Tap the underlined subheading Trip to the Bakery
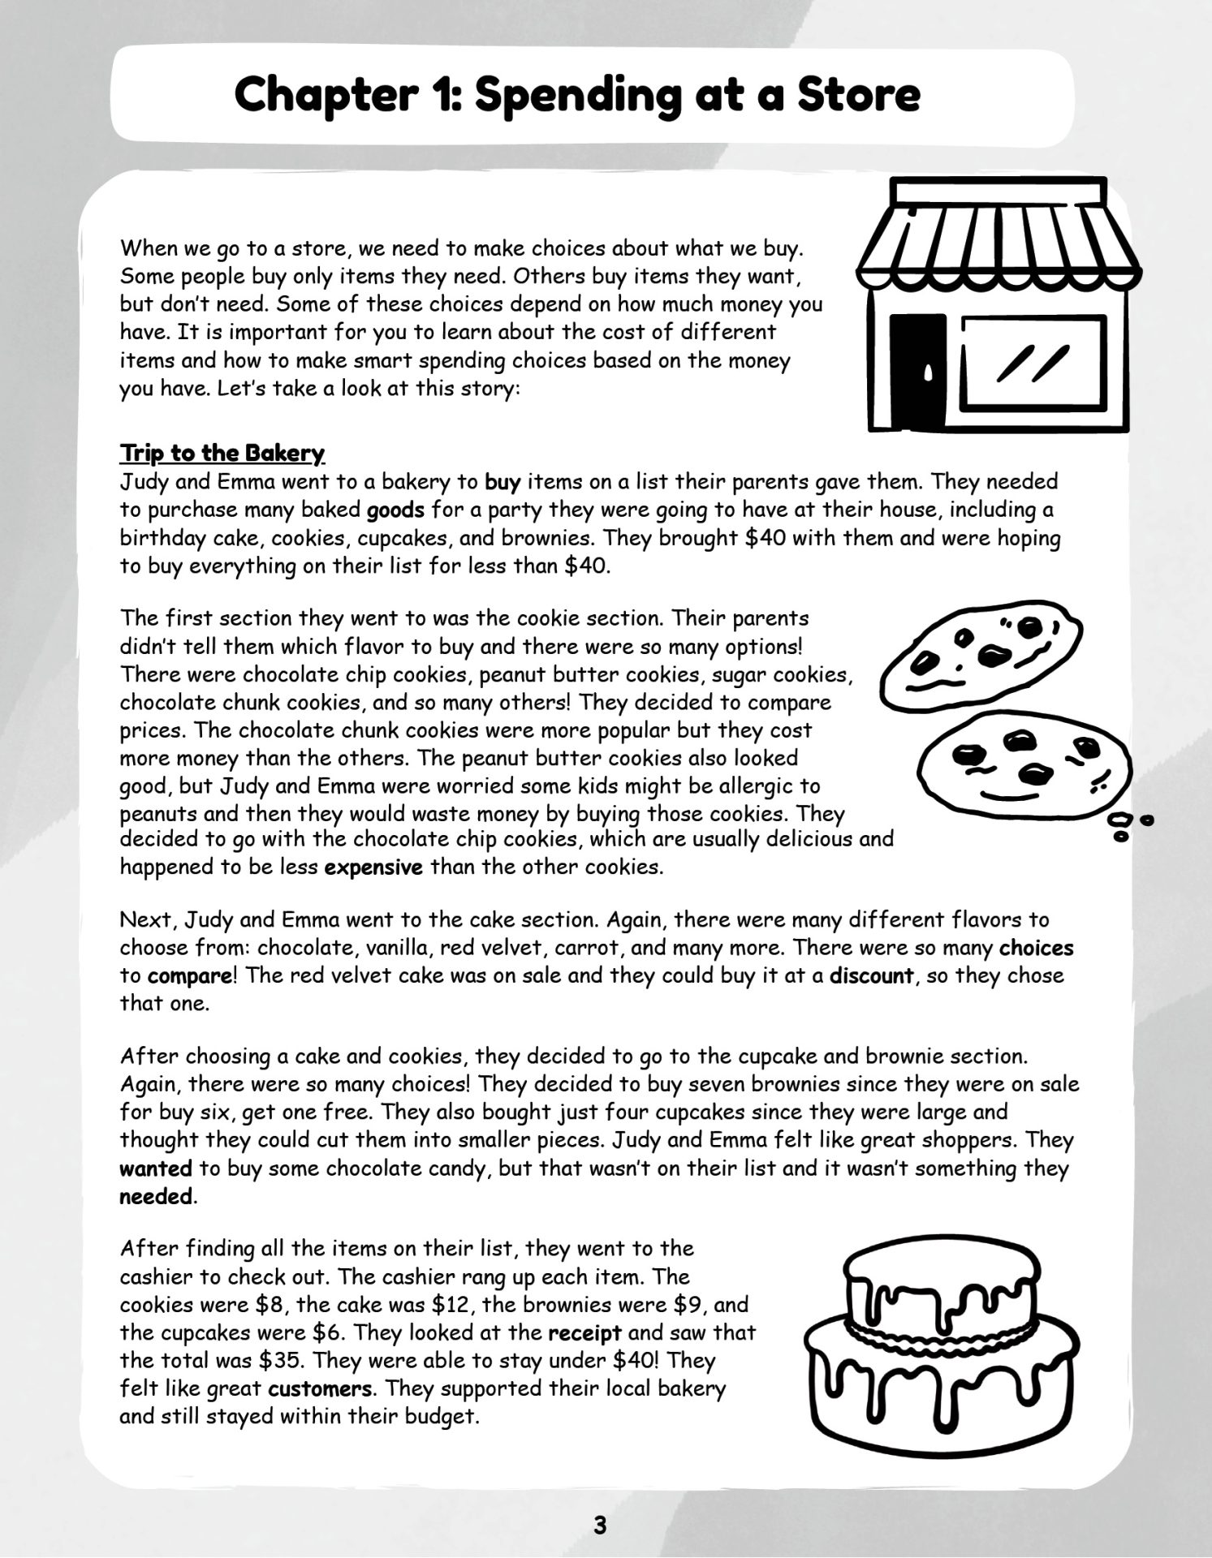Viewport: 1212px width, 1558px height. point(222,453)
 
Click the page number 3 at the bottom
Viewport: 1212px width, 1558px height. point(600,1525)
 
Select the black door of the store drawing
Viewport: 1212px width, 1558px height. point(919,371)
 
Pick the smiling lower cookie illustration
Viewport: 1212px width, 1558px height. point(1023,763)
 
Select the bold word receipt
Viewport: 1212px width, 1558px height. point(584,1332)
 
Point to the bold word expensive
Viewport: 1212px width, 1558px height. point(373,867)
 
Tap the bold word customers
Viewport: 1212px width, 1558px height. point(320,1388)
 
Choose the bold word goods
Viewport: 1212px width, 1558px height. point(395,510)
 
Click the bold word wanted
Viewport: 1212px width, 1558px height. point(156,1168)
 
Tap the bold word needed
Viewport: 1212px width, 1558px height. point(157,1197)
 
